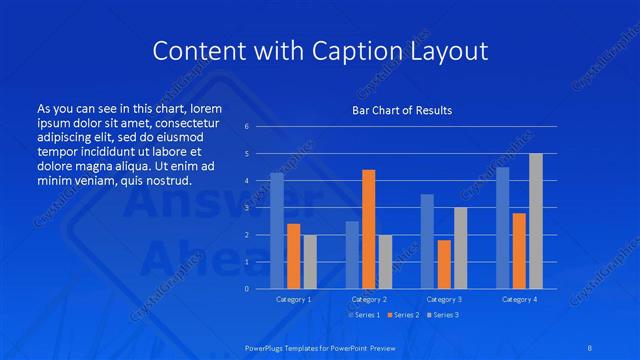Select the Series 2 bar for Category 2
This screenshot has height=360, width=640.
[x=368, y=229]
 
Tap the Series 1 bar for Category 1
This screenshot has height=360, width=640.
[x=277, y=230]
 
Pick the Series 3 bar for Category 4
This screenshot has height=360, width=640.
[x=535, y=221]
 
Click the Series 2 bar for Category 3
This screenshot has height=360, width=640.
[x=444, y=264]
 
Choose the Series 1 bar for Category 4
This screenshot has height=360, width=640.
[x=502, y=227]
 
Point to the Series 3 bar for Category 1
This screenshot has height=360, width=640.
[x=310, y=261]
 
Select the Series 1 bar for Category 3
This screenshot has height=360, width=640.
[x=427, y=241]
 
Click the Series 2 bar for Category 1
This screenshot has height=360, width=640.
[x=293, y=256]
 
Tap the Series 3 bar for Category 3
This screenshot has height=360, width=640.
[x=460, y=248]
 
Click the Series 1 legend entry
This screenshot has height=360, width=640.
[x=363, y=315]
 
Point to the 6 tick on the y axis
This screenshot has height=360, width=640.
[x=246, y=127]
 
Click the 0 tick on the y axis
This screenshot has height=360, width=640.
[x=246, y=288]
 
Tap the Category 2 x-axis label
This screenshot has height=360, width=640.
[x=369, y=299]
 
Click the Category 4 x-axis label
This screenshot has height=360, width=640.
[x=519, y=299]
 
